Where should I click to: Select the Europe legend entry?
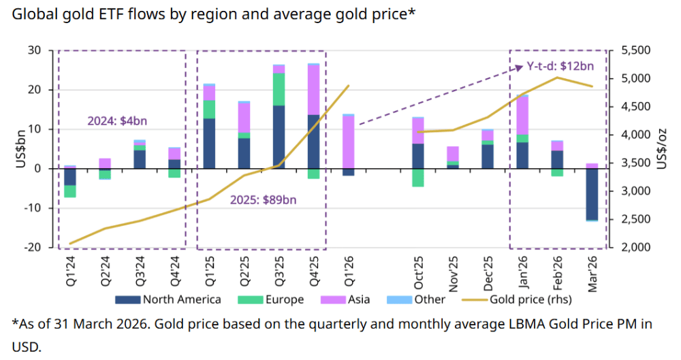(x=272, y=299)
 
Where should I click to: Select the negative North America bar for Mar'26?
(x=592, y=194)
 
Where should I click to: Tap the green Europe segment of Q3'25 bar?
(x=279, y=89)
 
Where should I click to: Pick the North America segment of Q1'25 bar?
(x=209, y=143)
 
